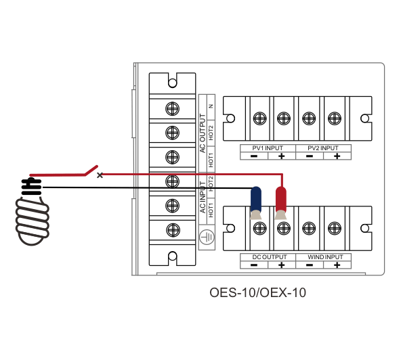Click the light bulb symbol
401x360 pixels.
coord(32,212)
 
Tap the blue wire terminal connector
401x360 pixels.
coord(256,203)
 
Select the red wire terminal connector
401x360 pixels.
coord(281,203)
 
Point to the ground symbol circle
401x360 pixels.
coord(207,237)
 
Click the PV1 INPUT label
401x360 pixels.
coord(268,148)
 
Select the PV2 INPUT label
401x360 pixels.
coord(323,148)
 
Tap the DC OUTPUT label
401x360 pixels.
coord(270,257)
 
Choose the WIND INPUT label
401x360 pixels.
coord(325,257)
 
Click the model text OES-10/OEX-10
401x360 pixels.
coord(258,292)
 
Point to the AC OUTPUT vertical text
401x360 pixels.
coord(203,133)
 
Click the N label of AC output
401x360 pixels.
coord(211,106)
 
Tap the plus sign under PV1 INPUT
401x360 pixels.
coord(282,156)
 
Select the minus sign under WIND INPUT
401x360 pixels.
coord(310,265)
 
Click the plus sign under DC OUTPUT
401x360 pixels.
coord(282,265)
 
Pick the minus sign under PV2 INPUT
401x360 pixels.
coord(310,156)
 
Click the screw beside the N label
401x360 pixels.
coord(172,109)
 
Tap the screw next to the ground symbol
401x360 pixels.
coord(173,230)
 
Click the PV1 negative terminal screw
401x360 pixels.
coord(259,118)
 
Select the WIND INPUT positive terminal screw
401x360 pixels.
coord(334,228)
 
